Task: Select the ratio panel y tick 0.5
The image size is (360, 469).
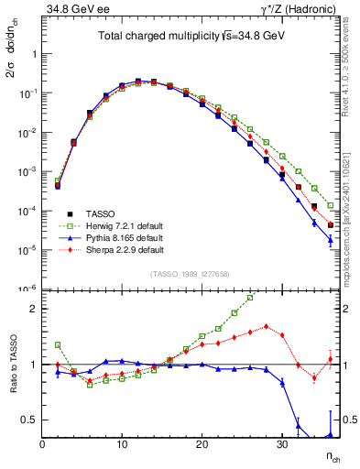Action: (29, 420)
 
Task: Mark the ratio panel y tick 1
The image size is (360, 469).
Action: (33, 365)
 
